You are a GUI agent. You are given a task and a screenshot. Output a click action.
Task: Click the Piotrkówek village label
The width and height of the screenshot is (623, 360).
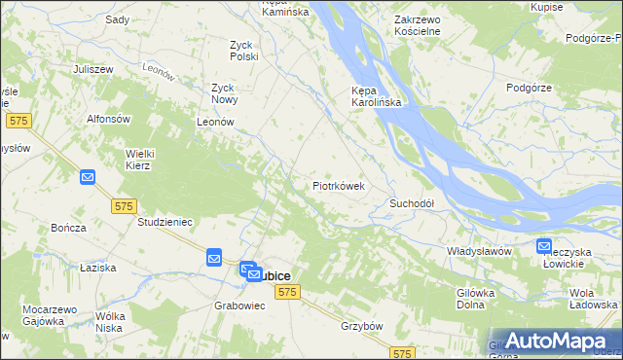(x=339, y=184)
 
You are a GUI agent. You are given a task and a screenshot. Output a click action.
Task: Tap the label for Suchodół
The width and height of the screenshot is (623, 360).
(x=411, y=203)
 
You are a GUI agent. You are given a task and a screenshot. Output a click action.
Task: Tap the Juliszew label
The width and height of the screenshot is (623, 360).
(x=93, y=70)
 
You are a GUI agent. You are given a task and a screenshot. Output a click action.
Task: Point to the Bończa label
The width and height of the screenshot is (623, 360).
(x=68, y=228)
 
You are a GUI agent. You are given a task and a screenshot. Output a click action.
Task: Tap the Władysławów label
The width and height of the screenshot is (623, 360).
(x=479, y=251)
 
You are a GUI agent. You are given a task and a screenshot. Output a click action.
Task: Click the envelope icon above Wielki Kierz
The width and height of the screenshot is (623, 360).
(x=88, y=177)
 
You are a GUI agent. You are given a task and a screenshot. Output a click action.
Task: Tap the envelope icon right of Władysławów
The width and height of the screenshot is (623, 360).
(x=543, y=247)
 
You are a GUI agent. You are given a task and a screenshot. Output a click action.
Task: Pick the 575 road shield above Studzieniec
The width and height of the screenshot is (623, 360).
(x=123, y=206)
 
